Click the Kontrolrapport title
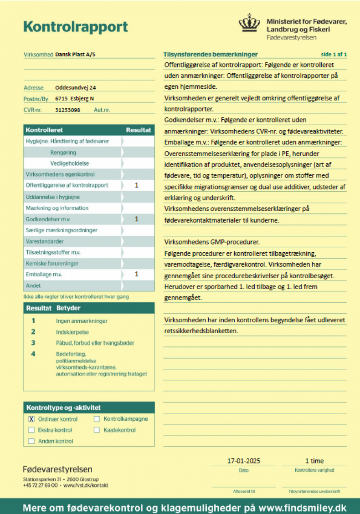tap(76, 27)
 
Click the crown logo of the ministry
tap(249, 24)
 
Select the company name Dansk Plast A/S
tap(75, 55)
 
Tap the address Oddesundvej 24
tap(75, 88)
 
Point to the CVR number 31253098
tap(67, 110)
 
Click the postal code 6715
tap(61, 99)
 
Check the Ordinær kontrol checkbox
tap(31, 419)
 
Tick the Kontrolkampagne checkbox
tap(97, 419)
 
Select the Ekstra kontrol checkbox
tap(31, 430)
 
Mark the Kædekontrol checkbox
tap(97, 430)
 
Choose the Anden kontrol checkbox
tap(31, 441)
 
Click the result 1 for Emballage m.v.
tap(137, 275)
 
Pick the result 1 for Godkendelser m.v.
tap(137, 219)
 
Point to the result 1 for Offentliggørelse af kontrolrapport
tap(137, 185)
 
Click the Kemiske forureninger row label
tap(52, 264)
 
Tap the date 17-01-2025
tap(244, 461)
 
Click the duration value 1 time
tap(314, 461)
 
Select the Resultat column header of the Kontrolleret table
tap(139, 130)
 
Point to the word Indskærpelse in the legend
tap(72, 332)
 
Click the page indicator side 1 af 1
tap(334, 55)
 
